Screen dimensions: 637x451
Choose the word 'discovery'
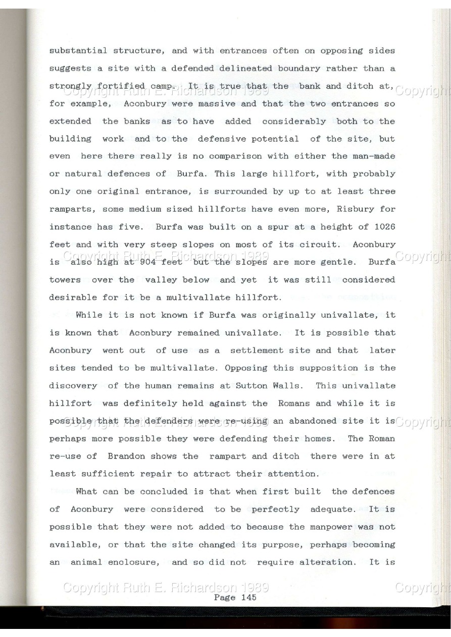coord(73,386)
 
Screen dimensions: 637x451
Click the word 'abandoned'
coord(311,421)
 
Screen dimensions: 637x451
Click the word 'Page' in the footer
coord(224,598)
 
